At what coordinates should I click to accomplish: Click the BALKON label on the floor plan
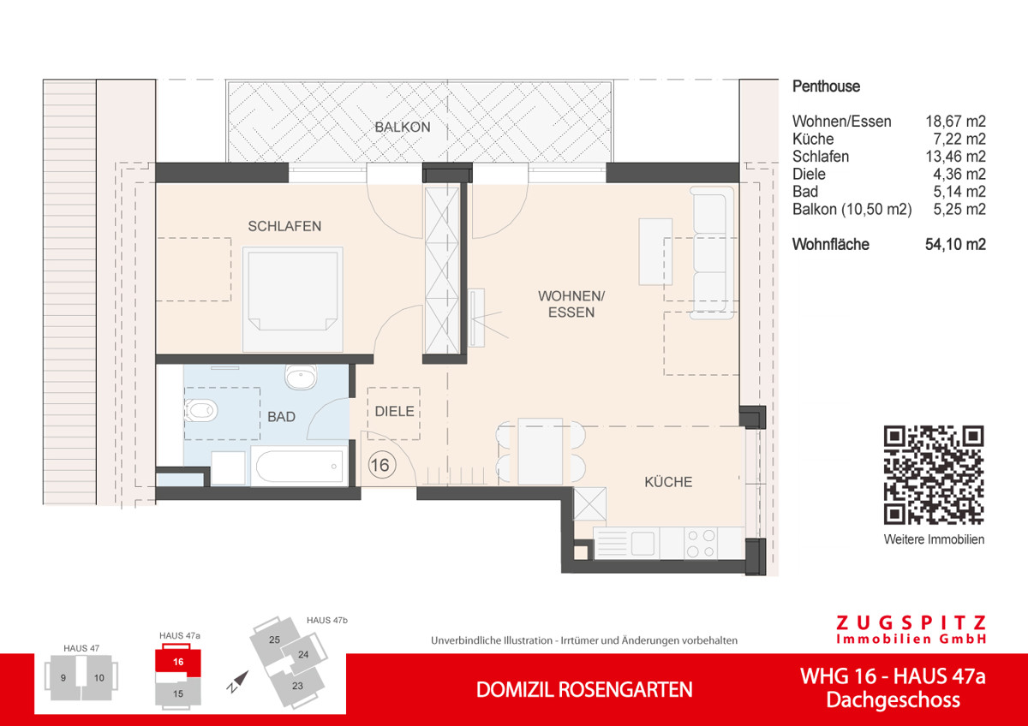402,128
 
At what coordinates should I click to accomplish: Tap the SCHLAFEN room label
284,227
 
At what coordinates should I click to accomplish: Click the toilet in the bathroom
200,412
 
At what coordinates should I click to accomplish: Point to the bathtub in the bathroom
298,467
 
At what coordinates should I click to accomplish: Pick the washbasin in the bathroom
300,376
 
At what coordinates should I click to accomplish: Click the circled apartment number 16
381,466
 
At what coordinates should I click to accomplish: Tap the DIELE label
394,412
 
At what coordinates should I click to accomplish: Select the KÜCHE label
668,483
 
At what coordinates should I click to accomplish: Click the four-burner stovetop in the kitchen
701,543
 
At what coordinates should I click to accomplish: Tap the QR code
934,475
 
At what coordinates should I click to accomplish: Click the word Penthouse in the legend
826,86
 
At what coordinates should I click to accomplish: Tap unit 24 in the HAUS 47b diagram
303,655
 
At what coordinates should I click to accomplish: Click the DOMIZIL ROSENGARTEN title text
584,690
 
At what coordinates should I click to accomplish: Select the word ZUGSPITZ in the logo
911,623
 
